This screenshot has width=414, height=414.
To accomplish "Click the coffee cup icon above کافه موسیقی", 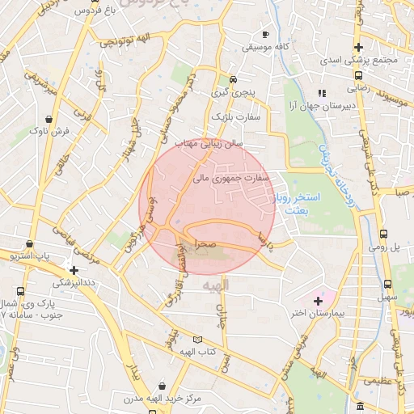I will click(x=265, y=35).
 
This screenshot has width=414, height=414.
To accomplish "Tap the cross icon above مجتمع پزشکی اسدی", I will click(x=357, y=48).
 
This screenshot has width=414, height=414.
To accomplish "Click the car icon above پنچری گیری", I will click(x=233, y=79).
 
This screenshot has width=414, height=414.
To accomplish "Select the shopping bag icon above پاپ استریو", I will click(x=30, y=243).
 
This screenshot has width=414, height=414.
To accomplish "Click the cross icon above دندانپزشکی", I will click(x=74, y=270).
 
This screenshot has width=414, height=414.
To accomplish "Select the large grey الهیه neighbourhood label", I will click(x=217, y=285).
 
